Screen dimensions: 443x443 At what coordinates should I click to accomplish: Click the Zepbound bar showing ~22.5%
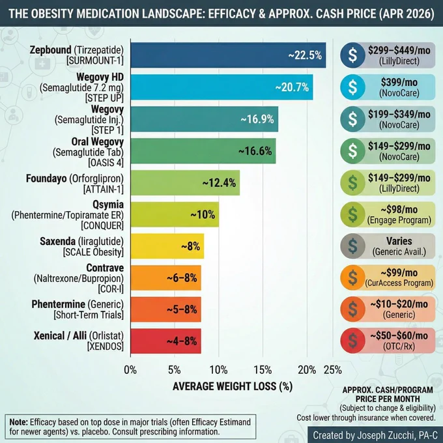point(228,55)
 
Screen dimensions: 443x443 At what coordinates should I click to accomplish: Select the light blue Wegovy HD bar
point(221,87)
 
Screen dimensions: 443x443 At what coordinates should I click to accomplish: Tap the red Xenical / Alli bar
point(166,341)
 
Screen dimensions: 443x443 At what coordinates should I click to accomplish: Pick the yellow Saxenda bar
point(167,246)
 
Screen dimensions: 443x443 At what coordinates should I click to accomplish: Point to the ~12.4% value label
point(219,183)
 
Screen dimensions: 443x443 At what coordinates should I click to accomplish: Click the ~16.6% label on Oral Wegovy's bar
point(255,151)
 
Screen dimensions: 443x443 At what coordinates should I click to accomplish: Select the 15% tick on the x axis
point(263,370)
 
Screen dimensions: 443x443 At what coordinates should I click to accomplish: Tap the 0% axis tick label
point(130,370)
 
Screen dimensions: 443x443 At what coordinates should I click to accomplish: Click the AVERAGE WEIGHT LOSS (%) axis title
point(233,386)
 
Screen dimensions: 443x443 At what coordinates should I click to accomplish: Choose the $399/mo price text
point(399,82)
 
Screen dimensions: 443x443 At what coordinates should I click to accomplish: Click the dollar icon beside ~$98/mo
point(352,215)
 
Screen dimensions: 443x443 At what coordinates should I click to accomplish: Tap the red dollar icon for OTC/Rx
point(352,341)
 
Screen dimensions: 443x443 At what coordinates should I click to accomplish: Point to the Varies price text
point(399,241)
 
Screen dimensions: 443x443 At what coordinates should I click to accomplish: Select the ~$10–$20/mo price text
point(399,304)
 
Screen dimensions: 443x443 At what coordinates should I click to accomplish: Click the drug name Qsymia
point(108,205)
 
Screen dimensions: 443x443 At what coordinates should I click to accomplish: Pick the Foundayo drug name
point(46,179)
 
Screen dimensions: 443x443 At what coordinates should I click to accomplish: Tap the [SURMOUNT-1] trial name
point(95,61)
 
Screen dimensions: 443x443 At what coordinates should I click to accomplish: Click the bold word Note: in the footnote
point(19,422)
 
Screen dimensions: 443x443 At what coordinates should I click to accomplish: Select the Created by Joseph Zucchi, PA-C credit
point(375,435)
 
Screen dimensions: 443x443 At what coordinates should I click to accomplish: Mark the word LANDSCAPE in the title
point(173,14)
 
